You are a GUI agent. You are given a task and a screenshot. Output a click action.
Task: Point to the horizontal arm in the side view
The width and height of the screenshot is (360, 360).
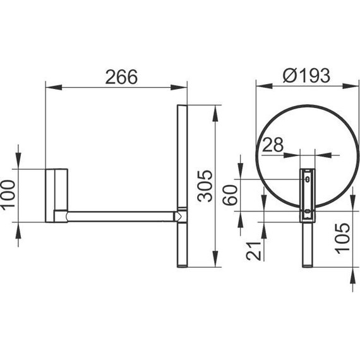pos(120,217)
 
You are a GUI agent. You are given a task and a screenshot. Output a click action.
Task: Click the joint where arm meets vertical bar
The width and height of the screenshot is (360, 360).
pos(180,216)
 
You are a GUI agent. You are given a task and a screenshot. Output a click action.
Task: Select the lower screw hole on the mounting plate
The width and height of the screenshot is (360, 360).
pos(308,211)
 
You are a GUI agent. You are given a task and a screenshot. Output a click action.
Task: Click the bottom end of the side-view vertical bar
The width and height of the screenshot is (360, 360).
pos(181,265)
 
